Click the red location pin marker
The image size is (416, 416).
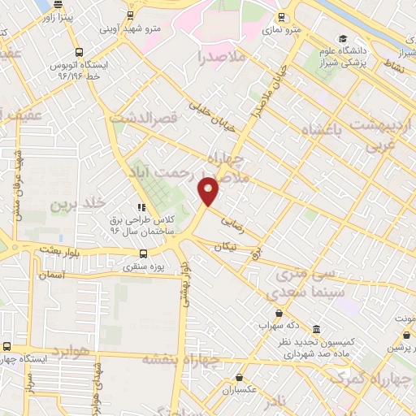209,190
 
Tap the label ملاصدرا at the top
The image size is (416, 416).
222,57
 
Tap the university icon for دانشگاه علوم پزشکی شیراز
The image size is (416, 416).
344,38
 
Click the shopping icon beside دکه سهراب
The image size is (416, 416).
279,314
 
